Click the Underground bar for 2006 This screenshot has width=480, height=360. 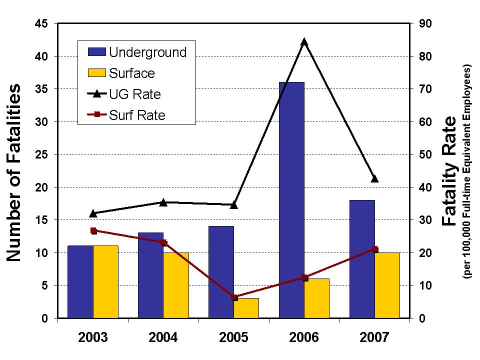[291, 200]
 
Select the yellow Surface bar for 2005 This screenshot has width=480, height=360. [246, 308]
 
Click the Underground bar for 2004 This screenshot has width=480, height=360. [150, 275]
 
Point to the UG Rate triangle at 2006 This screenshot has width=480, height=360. [304, 42]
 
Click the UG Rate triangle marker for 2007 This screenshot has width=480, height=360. [374, 178]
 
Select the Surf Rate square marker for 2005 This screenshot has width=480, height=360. [234, 297]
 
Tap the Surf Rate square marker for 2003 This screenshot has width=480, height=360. [93, 230]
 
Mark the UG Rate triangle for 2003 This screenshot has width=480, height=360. [93, 213]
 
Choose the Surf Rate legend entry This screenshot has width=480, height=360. [137, 115]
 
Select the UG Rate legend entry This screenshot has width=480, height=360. [135, 94]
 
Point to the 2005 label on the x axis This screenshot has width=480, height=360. [233, 337]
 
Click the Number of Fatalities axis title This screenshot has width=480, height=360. [14, 172]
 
